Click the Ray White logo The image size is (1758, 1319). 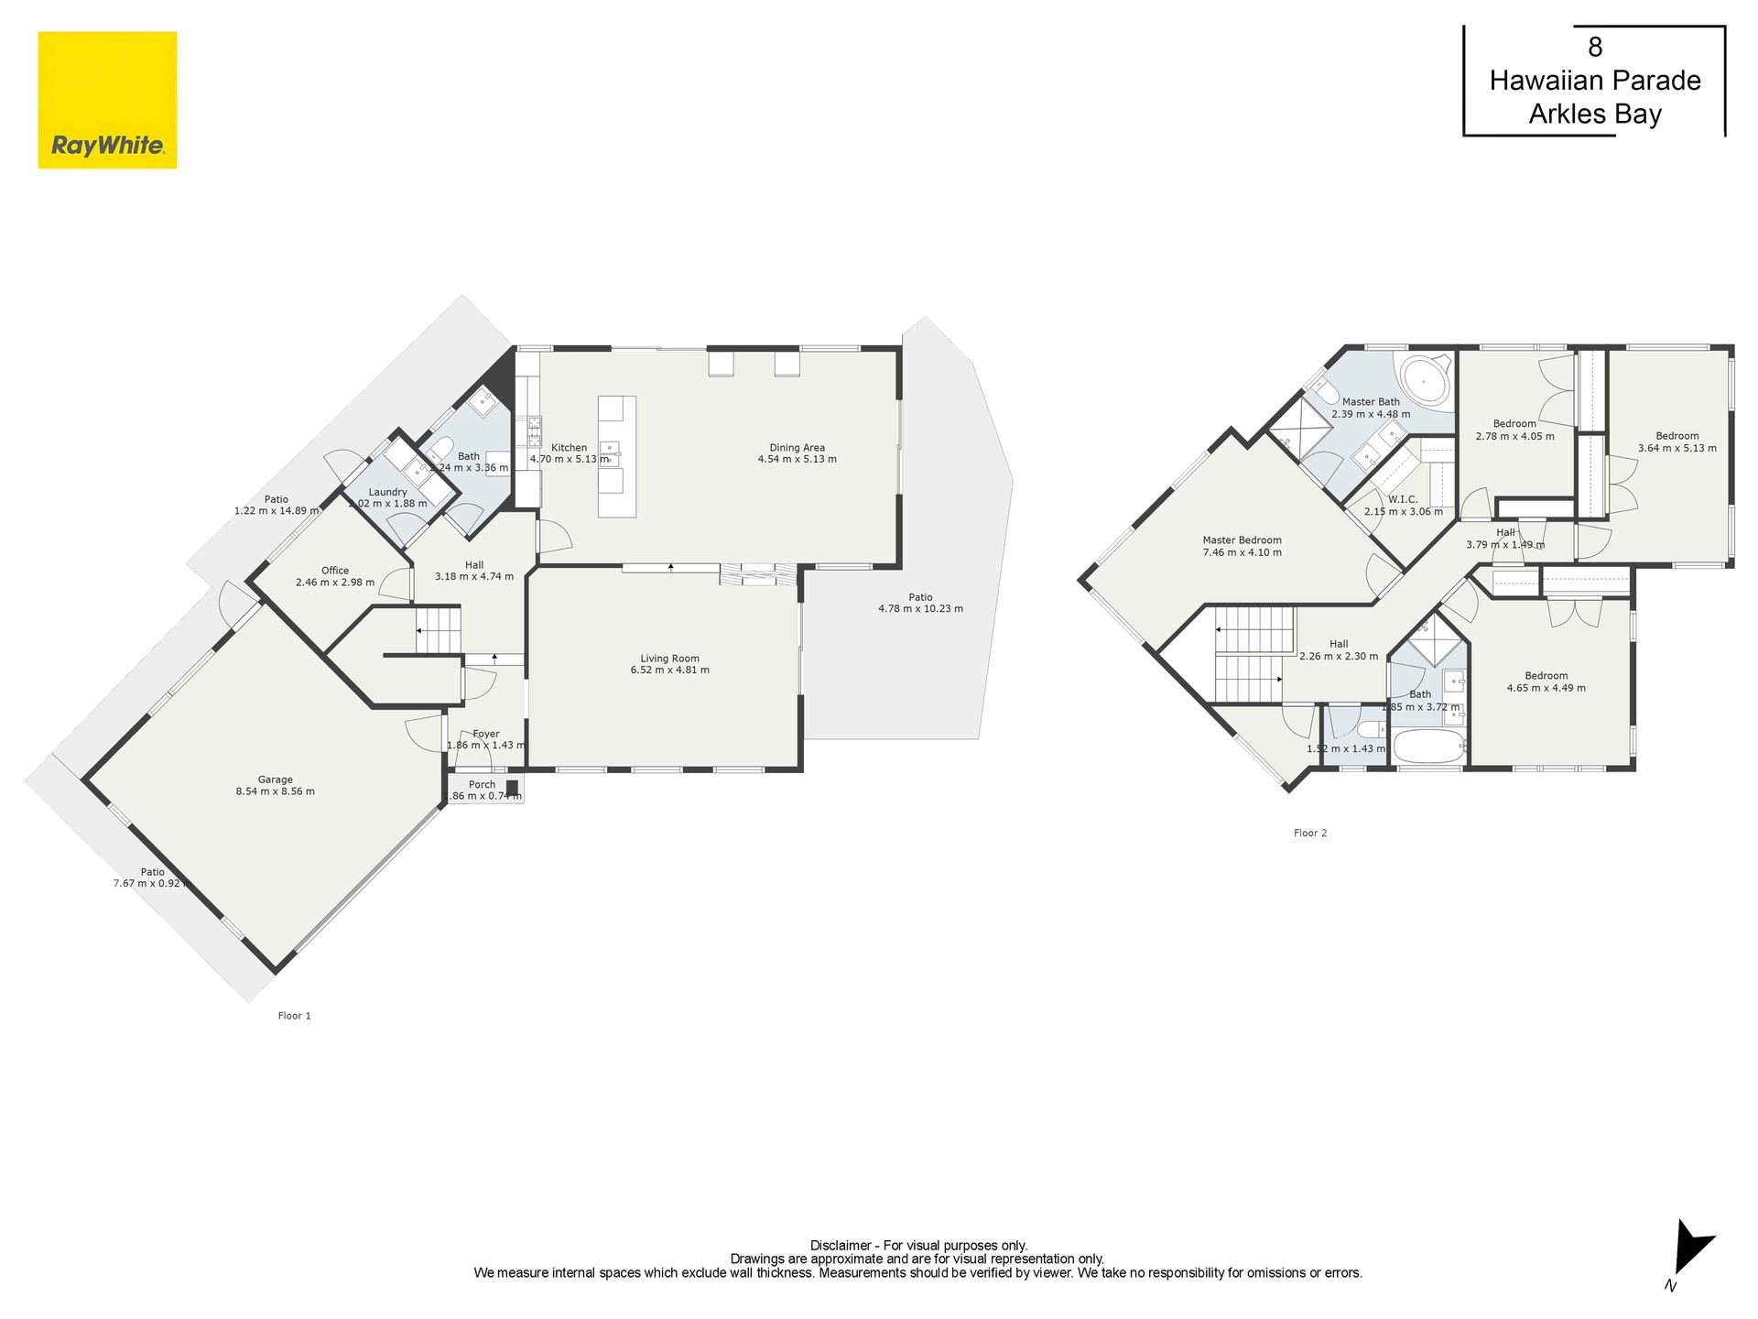click(x=107, y=100)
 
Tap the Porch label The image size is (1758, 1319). click(x=483, y=784)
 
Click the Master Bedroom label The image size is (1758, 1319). click(x=1243, y=540)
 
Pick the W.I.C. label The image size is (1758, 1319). click(x=1403, y=499)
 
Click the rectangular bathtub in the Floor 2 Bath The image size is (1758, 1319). click(x=1429, y=747)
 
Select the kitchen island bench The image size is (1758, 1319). click(x=617, y=456)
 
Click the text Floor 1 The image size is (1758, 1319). click(x=295, y=1015)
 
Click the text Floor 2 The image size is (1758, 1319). click(x=1310, y=833)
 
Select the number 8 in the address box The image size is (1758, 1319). click(x=1595, y=47)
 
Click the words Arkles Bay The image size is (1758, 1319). click(x=1595, y=114)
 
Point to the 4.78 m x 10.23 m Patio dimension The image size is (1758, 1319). click(x=921, y=608)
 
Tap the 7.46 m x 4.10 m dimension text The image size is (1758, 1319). click(x=1243, y=552)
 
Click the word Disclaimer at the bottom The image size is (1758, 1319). click(x=841, y=1246)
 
